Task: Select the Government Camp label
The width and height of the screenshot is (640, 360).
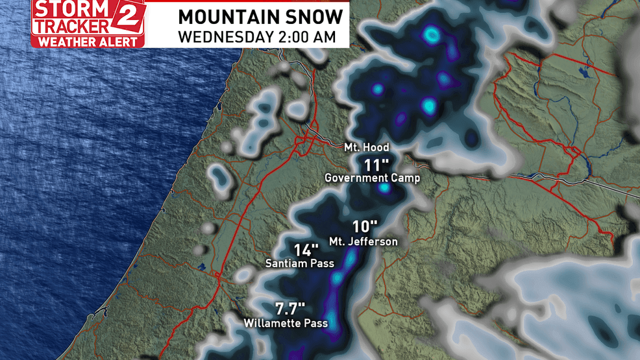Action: [x=372, y=178]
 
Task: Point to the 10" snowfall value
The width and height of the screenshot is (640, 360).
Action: [x=365, y=227]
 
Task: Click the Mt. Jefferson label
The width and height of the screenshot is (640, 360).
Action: [x=363, y=241]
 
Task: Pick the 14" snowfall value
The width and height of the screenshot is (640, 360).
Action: [x=306, y=250]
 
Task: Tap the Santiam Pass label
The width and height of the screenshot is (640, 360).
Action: [x=300, y=263]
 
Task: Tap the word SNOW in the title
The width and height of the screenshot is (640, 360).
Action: [x=314, y=16]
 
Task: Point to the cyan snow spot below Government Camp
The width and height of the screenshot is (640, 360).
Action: [x=384, y=188]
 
